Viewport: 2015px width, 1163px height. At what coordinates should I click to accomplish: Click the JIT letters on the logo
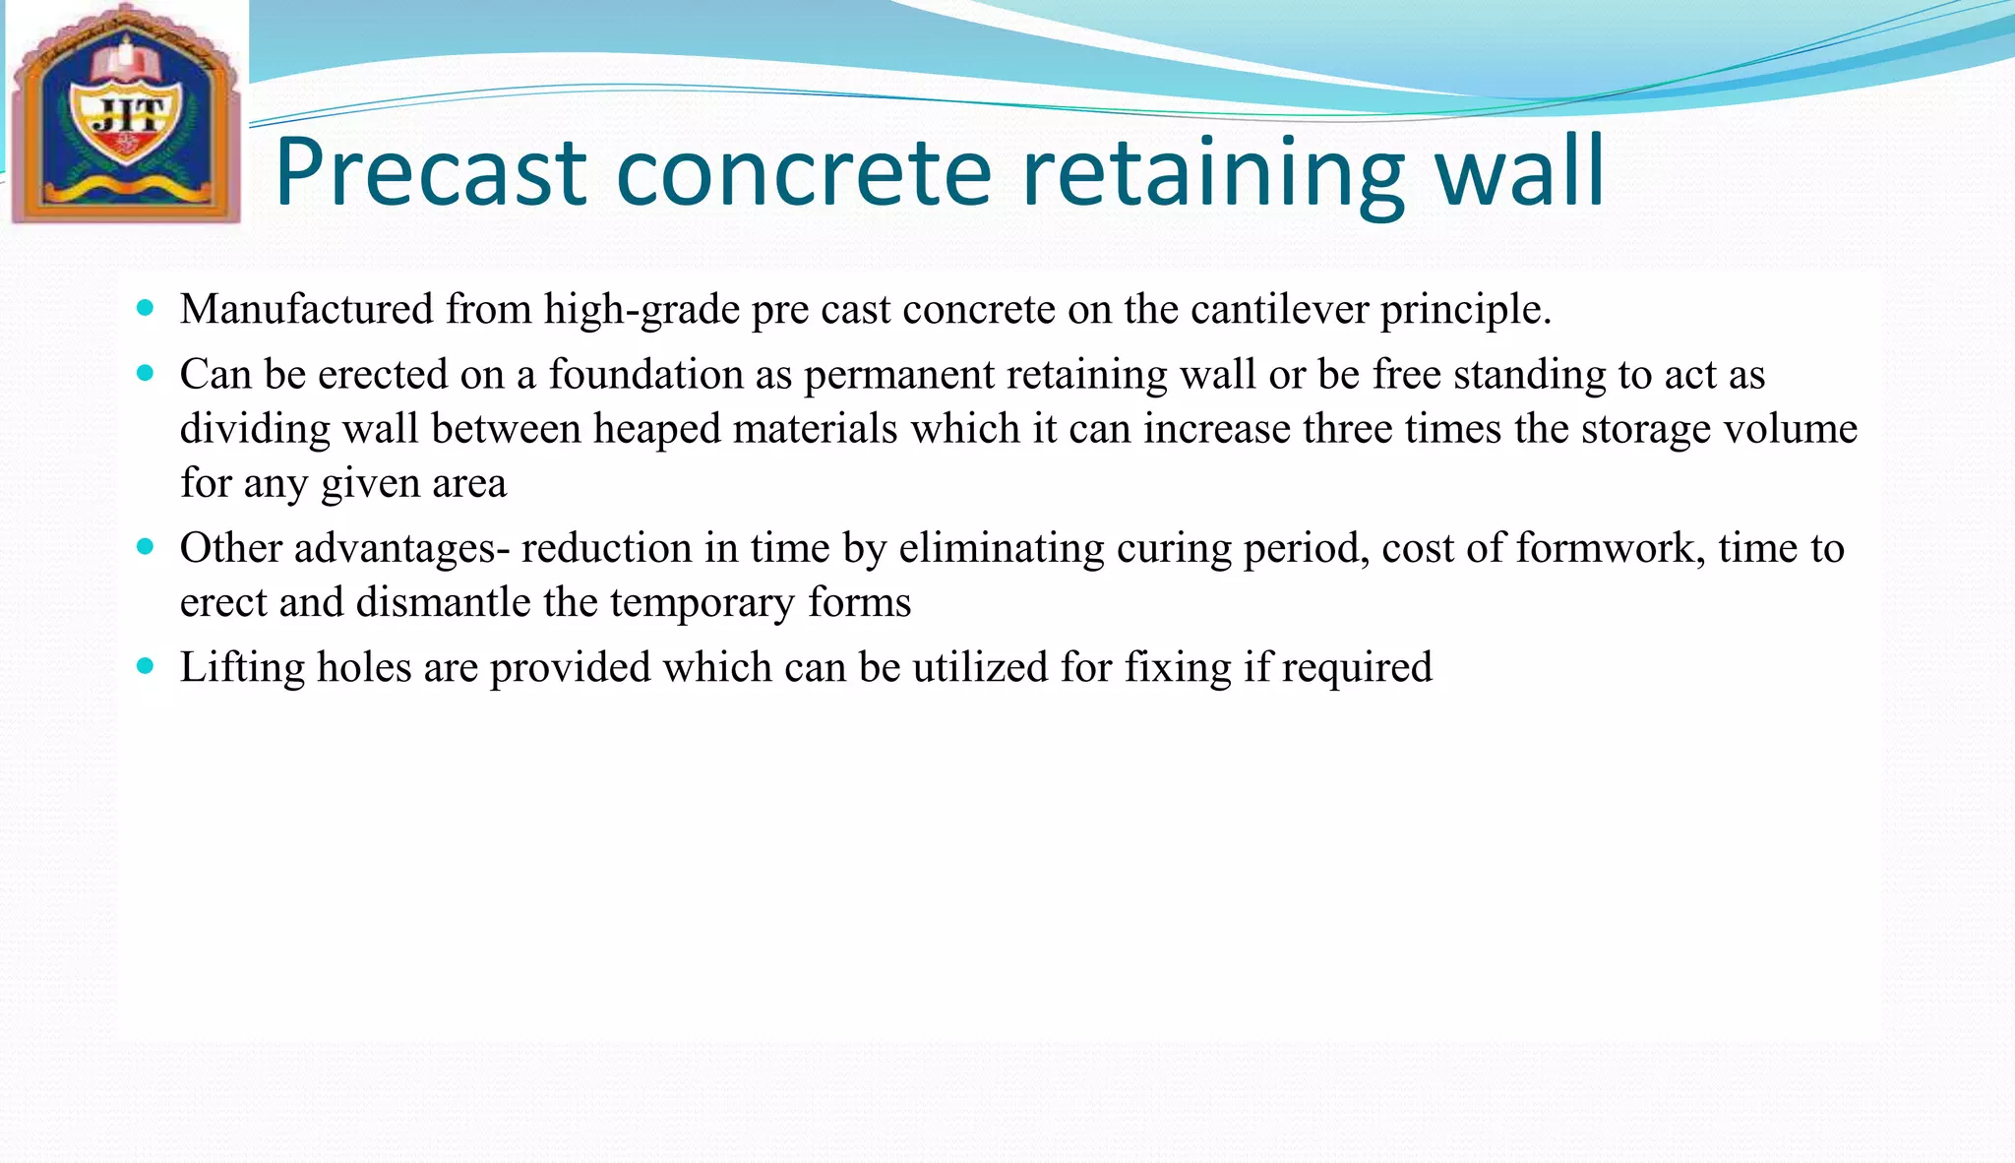coord(126,118)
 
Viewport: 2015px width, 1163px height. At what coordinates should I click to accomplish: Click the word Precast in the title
coord(430,173)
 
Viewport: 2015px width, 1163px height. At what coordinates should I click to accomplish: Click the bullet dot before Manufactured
coord(147,308)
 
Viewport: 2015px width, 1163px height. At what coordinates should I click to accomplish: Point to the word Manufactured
coord(306,309)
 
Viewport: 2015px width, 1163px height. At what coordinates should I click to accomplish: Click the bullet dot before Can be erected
coord(147,373)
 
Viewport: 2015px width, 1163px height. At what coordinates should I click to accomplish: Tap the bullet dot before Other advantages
coord(147,547)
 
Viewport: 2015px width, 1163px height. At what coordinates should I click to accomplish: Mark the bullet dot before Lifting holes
coord(147,666)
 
